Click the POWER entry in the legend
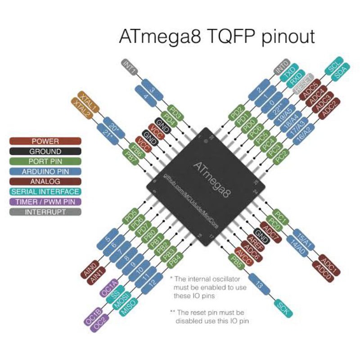45,141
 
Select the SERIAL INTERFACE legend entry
45,192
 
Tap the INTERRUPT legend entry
45,212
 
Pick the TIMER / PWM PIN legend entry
45,202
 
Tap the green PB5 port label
236,263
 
